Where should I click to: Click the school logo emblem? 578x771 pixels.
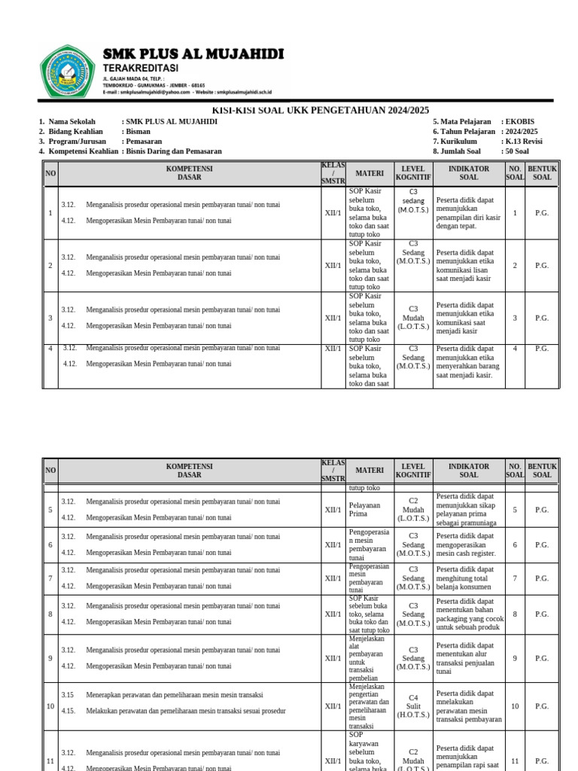tap(68, 71)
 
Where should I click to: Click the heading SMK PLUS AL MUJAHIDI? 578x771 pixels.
tap(193, 53)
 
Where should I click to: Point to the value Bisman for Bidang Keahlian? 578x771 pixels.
tap(138, 131)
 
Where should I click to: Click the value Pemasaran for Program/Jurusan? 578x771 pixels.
tap(144, 141)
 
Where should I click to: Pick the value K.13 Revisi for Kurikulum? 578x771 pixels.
tap(524, 141)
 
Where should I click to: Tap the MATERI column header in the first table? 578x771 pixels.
tap(370, 173)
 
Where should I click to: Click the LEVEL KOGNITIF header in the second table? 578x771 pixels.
tap(413, 471)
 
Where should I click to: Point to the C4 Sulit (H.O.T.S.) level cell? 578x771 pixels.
tap(413, 706)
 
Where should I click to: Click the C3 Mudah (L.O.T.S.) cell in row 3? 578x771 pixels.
tap(413, 318)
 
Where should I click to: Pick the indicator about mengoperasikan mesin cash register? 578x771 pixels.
tap(468, 544)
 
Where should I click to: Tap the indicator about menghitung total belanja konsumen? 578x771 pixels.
tap(468, 578)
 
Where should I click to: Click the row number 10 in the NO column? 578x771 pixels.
tap(50, 706)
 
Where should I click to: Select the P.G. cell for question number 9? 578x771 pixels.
tap(542, 658)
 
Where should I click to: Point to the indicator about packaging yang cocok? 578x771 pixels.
tap(468, 614)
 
